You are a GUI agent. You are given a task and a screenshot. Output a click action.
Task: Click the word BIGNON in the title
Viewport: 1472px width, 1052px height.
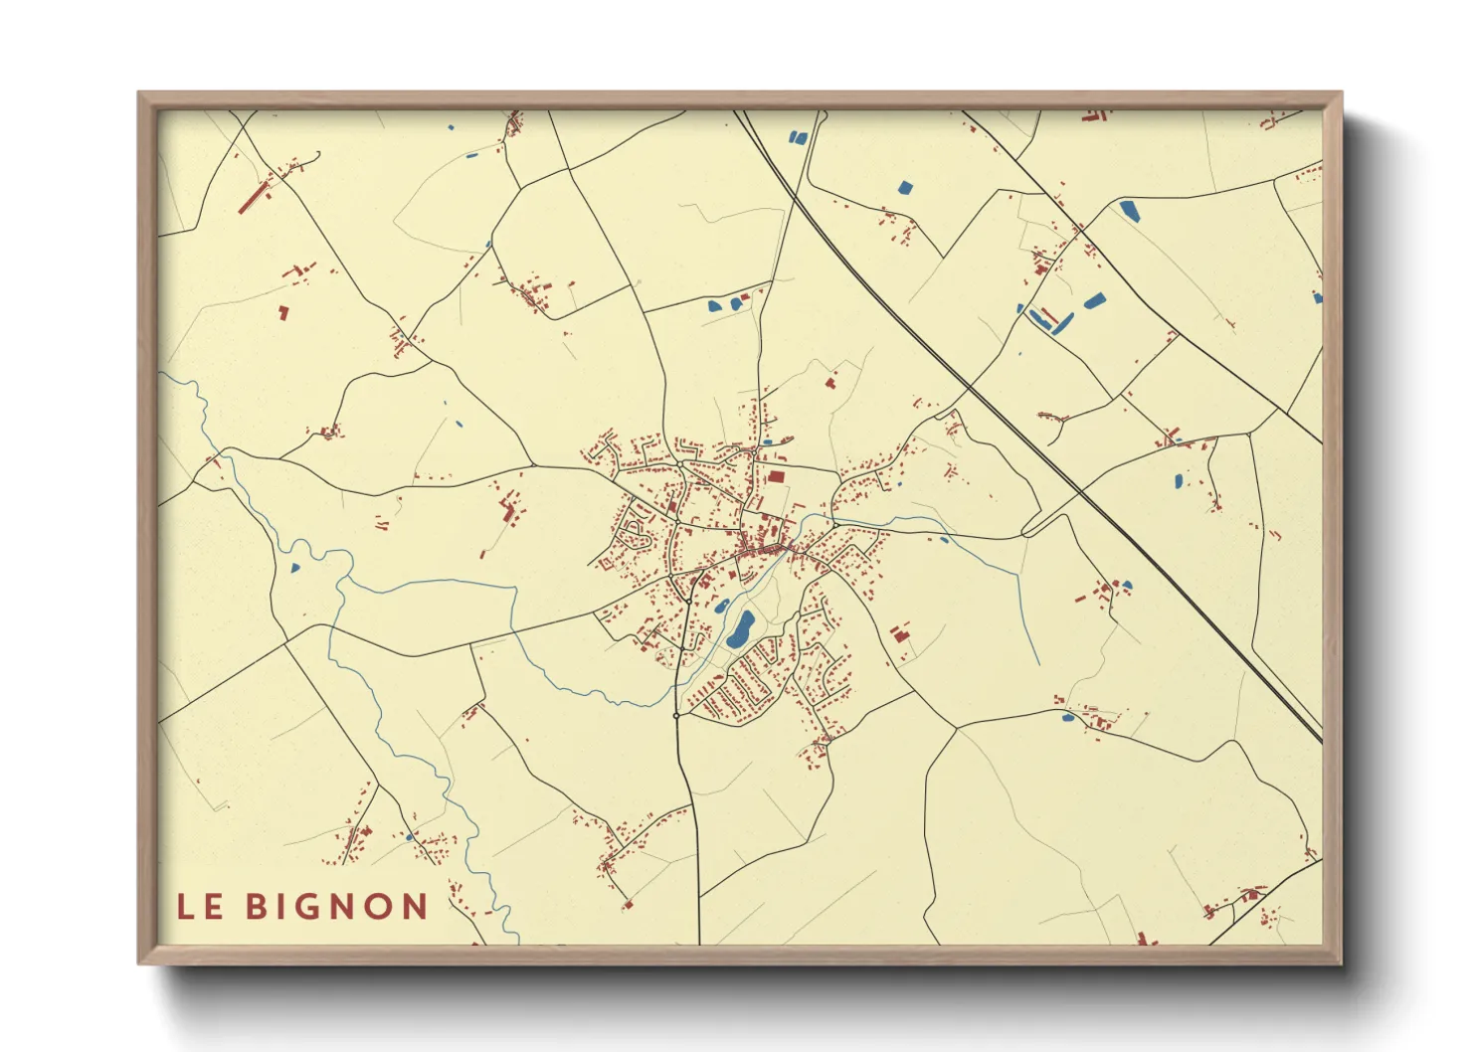(x=337, y=907)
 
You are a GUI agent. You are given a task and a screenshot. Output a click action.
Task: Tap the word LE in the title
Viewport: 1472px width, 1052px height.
(x=200, y=907)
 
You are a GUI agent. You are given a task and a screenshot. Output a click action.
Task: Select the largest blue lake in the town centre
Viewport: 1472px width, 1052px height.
(x=740, y=629)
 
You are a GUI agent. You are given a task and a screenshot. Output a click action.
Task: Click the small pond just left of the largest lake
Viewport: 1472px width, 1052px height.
(x=721, y=606)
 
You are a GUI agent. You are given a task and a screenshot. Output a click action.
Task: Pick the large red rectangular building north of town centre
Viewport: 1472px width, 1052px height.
(x=776, y=477)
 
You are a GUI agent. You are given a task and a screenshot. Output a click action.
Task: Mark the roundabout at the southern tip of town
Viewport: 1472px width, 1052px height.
(x=676, y=715)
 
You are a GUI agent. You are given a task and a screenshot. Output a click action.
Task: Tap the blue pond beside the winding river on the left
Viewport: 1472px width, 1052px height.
(x=294, y=568)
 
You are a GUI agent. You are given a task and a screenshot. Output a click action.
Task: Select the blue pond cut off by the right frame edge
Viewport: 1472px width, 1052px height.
(x=1318, y=297)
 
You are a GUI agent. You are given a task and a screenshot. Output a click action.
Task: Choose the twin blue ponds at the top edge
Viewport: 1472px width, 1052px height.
(x=796, y=137)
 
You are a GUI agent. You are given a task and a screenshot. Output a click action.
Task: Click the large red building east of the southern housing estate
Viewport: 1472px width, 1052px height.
(x=900, y=632)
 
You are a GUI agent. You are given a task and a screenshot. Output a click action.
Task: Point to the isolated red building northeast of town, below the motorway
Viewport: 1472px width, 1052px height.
(x=830, y=381)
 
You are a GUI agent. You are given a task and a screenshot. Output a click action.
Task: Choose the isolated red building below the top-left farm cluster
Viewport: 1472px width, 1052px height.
(x=282, y=313)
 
